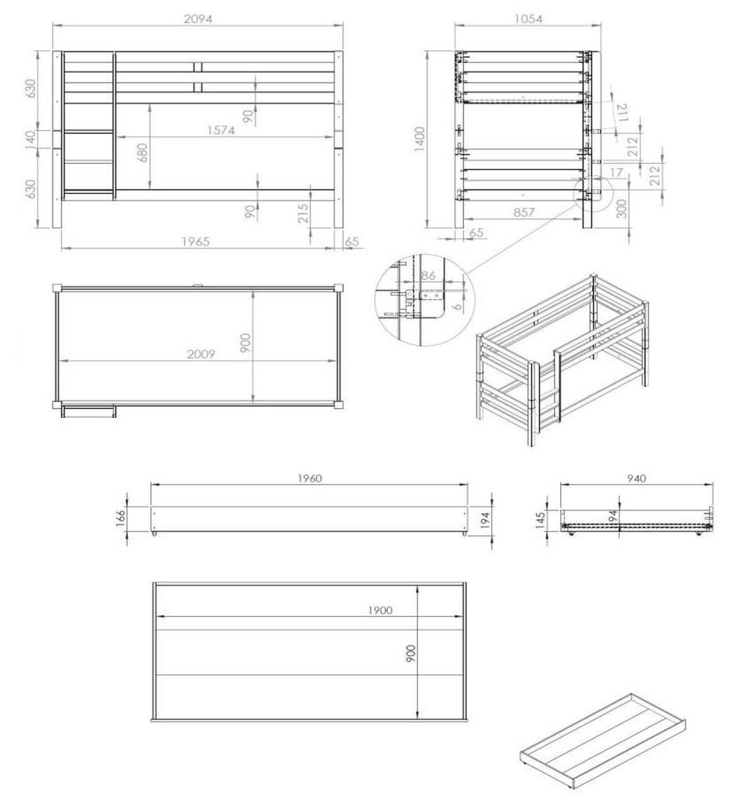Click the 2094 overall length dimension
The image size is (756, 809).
198,18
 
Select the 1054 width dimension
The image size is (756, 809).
528,18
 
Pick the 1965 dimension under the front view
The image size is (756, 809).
195,242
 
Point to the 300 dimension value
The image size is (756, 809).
622,208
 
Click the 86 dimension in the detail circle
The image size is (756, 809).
428,275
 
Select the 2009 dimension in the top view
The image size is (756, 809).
201,354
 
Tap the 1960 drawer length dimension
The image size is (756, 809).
309,478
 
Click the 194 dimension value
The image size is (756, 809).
485,520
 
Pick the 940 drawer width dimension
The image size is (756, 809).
636,478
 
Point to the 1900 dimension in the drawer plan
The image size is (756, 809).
380,609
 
